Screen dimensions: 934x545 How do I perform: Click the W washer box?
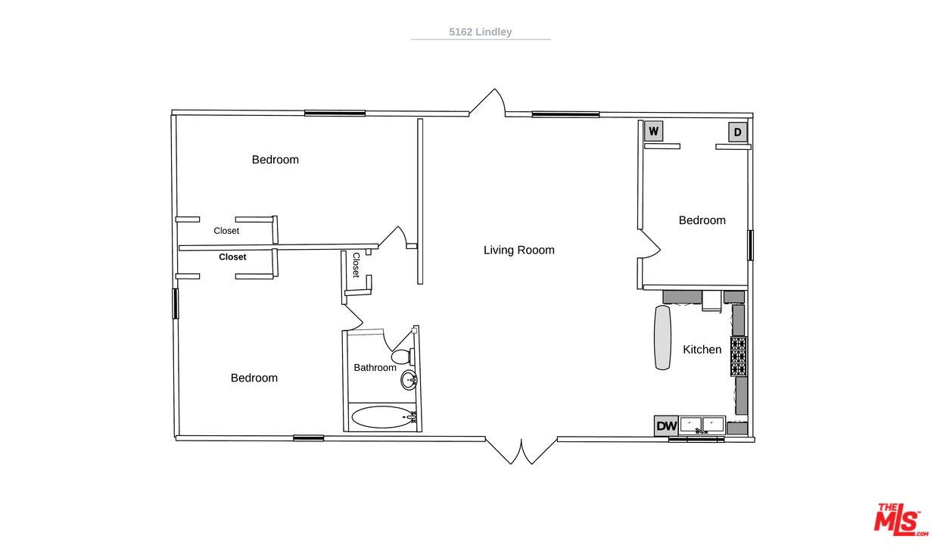653,132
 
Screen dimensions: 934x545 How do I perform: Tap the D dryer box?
737,132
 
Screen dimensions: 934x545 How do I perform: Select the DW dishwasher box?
666,425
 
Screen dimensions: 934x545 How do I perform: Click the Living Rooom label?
518,250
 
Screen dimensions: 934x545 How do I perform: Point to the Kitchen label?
702,350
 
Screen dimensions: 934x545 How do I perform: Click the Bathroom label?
375,367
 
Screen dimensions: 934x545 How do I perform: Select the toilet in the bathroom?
403,357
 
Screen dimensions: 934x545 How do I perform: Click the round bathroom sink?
409,380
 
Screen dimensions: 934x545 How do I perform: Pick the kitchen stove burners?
739,356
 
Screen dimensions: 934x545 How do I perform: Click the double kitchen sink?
702,425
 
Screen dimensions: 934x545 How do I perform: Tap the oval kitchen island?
662,338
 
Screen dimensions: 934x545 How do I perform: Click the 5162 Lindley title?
481,32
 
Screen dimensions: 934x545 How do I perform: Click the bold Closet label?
232,257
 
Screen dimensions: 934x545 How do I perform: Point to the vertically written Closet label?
356,265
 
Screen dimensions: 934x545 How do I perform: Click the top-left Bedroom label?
276,159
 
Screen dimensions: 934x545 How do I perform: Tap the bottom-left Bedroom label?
254,378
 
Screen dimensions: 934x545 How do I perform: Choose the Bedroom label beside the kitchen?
702,220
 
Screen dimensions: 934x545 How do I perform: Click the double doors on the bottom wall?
521,451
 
